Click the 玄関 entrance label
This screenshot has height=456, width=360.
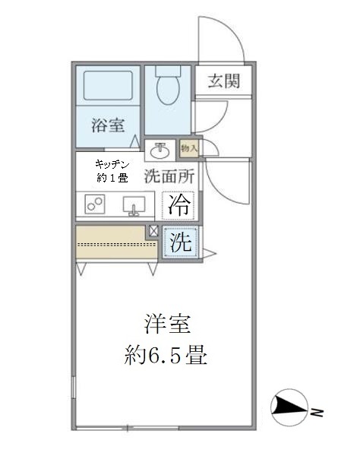[x=224, y=81]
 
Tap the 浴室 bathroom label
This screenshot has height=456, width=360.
[x=108, y=125]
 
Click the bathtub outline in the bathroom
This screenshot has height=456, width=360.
[x=108, y=85]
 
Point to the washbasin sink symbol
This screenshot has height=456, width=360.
[x=160, y=150]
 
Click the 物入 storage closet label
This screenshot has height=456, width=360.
[x=189, y=148]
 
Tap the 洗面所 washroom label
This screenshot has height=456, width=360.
[x=169, y=176]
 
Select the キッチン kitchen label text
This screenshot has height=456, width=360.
[x=112, y=165]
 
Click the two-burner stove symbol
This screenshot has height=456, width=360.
[x=95, y=204]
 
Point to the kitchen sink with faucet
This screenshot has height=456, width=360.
[x=134, y=206]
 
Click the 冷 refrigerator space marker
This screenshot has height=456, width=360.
[x=178, y=206]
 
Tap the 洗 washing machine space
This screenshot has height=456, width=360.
[x=182, y=242]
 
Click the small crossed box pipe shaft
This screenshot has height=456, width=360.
[x=153, y=231]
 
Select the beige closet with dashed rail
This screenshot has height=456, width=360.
[x=116, y=242]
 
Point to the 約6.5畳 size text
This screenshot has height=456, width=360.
[x=166, y=355]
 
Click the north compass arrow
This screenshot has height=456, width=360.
[x=289, y=405]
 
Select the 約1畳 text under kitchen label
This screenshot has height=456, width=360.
[x=112, y=178]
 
